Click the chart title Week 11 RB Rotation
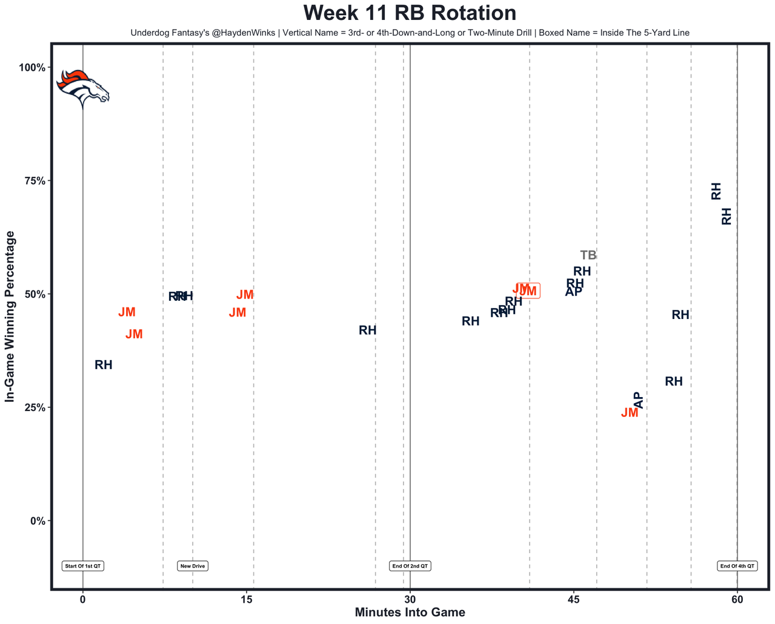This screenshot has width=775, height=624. coord(410,13)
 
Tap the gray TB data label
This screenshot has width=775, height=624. coord(588,255)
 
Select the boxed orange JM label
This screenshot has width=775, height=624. coord(528,291)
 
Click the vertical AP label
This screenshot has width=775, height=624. coord(638,400)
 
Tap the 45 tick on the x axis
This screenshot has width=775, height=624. coord(573,600)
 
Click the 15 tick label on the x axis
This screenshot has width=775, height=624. coord(246,600)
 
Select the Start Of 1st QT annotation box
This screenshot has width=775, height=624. coord(83,567)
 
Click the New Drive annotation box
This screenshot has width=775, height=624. coord(193,567)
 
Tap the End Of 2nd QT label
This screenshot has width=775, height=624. coord(410,567)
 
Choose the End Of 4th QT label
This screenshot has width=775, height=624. coord(737,567)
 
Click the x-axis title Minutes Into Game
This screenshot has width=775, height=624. coord(410,613)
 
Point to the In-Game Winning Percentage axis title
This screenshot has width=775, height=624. coord(10,316)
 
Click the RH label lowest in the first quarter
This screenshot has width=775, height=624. coord(104,365)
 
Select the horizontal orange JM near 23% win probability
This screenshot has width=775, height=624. coord(630,413)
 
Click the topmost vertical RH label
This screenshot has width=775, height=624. coord(716,191)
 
